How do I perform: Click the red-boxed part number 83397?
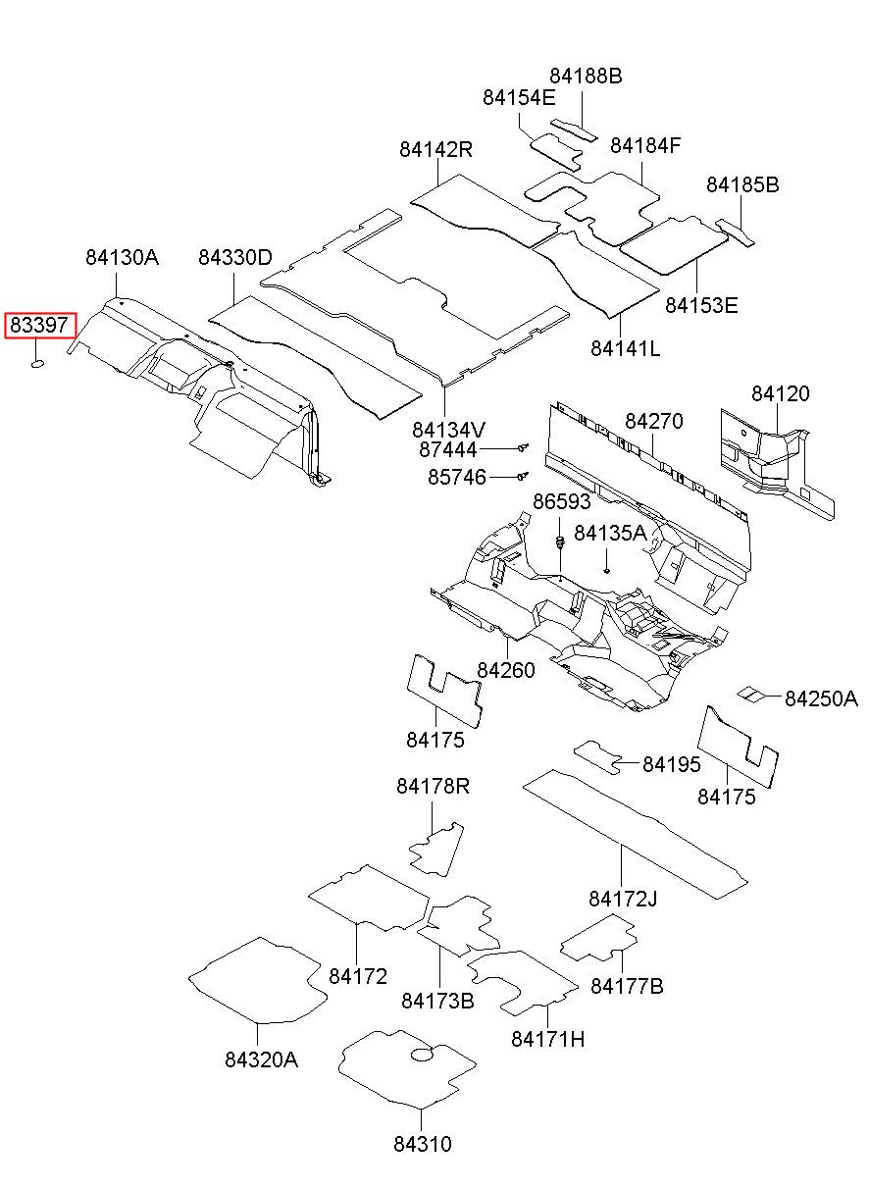[39, 325]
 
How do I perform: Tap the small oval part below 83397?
[37, 363]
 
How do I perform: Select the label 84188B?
[586, 77]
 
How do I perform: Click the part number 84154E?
[519, 97]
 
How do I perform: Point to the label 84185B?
[742, 185]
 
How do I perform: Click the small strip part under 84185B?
[735, 232]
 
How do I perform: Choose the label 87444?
[447, 449]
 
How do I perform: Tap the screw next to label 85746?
[524, 476]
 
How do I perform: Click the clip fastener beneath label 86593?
[559, 543]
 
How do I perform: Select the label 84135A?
[610, 533]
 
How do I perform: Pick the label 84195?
[671, 764]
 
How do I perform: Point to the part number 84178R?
[433, 786]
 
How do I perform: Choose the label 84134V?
[448, 430]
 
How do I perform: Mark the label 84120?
[780, 394]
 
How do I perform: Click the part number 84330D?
[234, 258]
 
